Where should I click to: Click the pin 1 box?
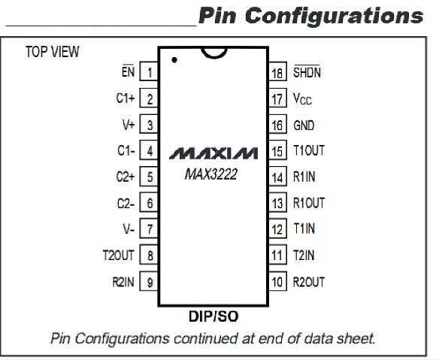[x=149, y=71]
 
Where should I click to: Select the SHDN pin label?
[x=307, y=71]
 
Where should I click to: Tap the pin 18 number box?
[x=277, y=71]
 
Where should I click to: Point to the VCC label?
[x=302, y=98]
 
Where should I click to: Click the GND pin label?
[x=304, y=126]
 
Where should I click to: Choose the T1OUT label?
[x=309, y=150]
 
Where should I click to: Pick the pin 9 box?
[x=149, y=281]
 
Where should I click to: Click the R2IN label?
[x=123, y=282]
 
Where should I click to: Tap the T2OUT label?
[x=119, y=255]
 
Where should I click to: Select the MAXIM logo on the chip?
[x=213, y=153]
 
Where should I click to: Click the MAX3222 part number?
[x=210, y=174]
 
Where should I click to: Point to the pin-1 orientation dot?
[x=174, y=60]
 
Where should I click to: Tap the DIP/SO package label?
[x=213, y=316]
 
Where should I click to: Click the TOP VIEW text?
[x=53, y=52]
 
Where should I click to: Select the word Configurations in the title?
[x=334, y=16]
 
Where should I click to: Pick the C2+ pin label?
[x=126, y=177]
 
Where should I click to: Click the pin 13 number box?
[x=277, y=202]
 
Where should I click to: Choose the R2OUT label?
[x=309, y=282]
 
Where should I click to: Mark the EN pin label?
[x=128, y=71]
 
